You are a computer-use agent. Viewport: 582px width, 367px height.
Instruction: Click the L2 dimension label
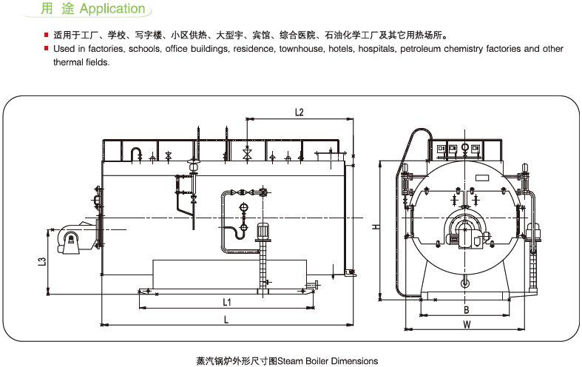click(x=300, y=112)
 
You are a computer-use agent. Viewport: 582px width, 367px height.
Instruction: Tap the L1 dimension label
click(x=227, y=303)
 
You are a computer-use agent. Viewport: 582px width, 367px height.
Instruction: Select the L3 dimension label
click(x=42, y=261)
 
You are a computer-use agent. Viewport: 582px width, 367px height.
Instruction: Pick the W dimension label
click(x=466, y=325)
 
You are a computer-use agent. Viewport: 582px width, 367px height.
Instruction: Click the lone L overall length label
click(x=226, y=319)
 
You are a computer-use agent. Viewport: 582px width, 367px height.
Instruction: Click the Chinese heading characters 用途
click(x=58, y=9)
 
